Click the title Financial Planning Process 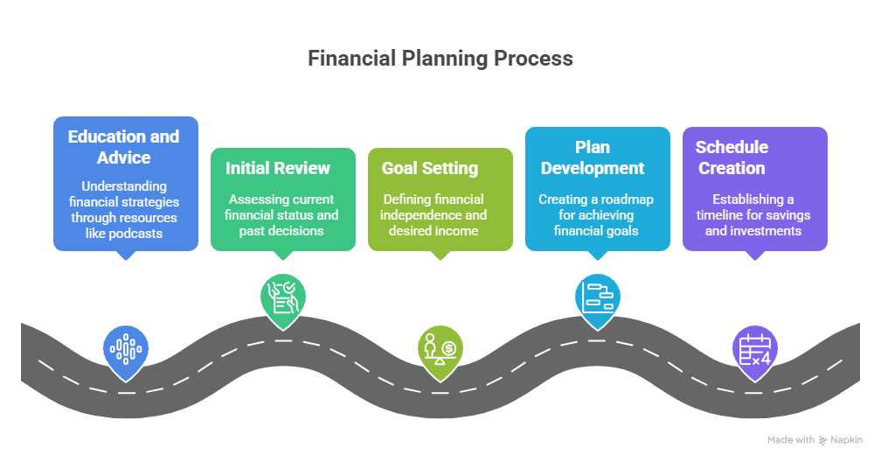[x=440, y=59]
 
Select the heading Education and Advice [x=123, y=147]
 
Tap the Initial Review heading [x=277, y=168]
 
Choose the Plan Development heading [x=592, y=157]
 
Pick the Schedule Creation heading [x=732, y=157]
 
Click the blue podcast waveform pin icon [x=126, y=349]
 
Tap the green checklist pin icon [x=283, y=297]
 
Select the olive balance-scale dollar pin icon [x=440, y=349]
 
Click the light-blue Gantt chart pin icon [x=598, y=297]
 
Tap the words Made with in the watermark [x=791, y=440]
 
